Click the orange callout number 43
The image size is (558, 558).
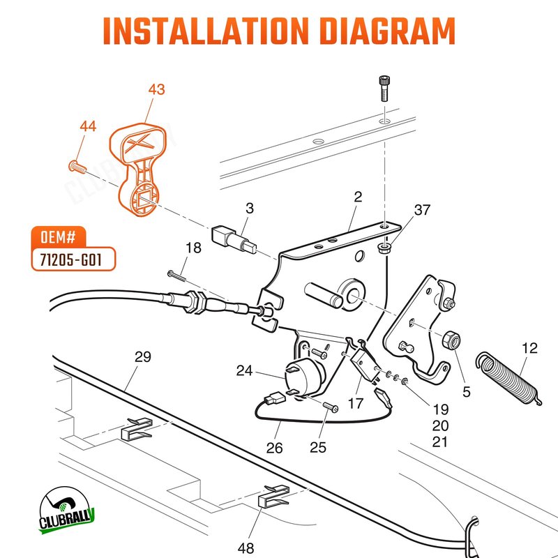(x=156, y=89)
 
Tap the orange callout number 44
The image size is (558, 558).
(x=88, y=126)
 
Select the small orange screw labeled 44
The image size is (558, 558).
(x=77, y=167)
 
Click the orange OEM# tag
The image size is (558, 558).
(x=59, y=236)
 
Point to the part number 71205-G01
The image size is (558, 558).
(x=71, y=259)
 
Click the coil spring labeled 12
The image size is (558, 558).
(x=509, y=378)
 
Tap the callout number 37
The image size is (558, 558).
(x=422, y=210)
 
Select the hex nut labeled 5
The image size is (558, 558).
(x=451, y=339)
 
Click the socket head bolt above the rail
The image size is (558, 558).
(x=384, y=88)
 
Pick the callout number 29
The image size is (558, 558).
(x=143, y=356)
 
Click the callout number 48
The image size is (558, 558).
(x=246, y=548)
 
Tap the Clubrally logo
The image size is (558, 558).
(x=66, y=511)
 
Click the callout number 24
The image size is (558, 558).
(x=245, y=371)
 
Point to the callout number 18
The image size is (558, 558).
(x=193, y=248)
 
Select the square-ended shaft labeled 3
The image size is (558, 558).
(x=234, y=238)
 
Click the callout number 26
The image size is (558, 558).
(x=274, y=448)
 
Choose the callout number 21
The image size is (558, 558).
(x=440, y=442)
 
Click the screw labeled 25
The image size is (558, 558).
(x=331, y=407)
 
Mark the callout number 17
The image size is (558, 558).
(x=356, y=404)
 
